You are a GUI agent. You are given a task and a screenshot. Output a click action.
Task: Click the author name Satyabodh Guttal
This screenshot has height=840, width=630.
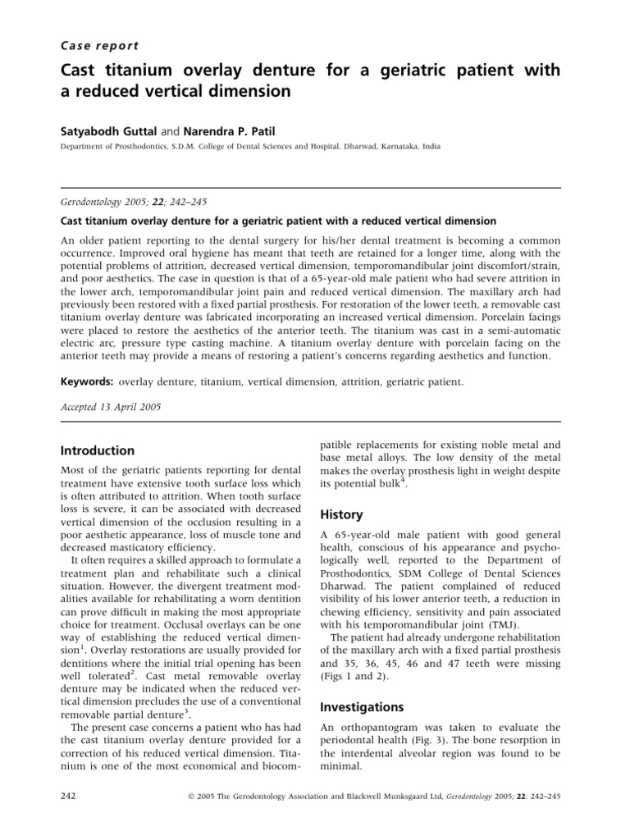point(113,130)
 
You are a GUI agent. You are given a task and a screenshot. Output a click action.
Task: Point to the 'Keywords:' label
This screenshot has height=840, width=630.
point(88,381)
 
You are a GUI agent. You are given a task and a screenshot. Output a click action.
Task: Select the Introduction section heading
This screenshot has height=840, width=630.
point(98,450)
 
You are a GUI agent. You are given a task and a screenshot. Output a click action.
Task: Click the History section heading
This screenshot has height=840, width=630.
point(341,514)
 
